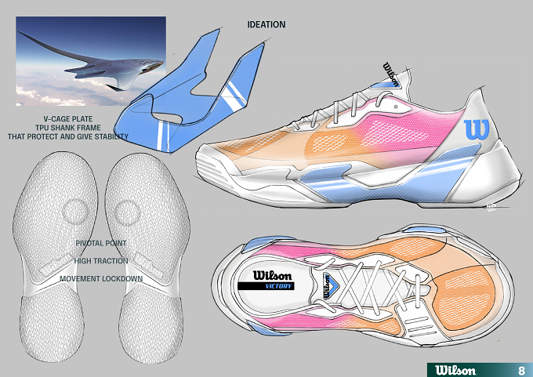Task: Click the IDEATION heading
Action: (266, 24)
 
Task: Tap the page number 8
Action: (521, 370)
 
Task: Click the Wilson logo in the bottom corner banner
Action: (455, 370)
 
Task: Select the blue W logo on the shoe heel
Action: (477, 129)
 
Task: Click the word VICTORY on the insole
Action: (279, 286)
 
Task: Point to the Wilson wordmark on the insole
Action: (272, 275)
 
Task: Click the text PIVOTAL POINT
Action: (101, 244)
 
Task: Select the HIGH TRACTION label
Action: (101, 261)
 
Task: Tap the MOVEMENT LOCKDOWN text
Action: (101, 279)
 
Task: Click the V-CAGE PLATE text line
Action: (68, 119)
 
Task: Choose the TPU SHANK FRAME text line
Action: (68, 128)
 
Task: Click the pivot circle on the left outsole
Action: (75, 212)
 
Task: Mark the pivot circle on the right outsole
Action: (128, 212)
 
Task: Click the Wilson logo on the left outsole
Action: (56, 264)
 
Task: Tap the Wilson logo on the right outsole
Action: (149, 265)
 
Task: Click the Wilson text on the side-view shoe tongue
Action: (390, 74)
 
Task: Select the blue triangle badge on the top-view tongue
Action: (328, 285)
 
